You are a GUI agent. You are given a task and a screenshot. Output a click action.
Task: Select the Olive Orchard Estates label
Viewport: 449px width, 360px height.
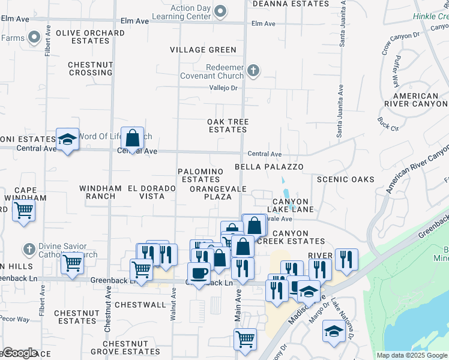pos(90,37)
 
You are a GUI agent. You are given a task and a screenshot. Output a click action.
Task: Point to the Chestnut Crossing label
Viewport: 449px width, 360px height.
pos(90,68)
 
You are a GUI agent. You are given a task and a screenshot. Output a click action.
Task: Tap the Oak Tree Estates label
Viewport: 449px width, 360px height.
pos(228,125)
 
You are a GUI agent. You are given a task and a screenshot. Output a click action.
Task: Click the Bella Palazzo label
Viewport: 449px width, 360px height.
pos(269,167)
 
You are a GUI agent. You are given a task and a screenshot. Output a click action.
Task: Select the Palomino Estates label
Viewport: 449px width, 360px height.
pos(200,175)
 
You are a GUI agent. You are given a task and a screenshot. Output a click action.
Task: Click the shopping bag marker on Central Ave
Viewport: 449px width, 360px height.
pos(132,139)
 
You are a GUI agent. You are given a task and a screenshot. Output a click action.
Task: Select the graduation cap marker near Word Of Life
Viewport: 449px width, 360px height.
pos(67,140)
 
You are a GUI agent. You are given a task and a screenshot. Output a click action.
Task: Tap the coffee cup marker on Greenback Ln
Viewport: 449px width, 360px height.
pos(199,272)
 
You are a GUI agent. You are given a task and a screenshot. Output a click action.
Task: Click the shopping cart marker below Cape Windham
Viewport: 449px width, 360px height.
pos(23,211)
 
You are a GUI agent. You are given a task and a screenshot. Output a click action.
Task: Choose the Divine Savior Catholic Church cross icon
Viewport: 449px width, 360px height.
pos(28,248)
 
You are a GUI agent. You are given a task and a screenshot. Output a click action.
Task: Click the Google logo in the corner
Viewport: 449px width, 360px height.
pos(19,353)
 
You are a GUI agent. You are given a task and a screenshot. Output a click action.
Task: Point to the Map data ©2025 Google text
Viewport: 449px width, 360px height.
pos(411,355)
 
